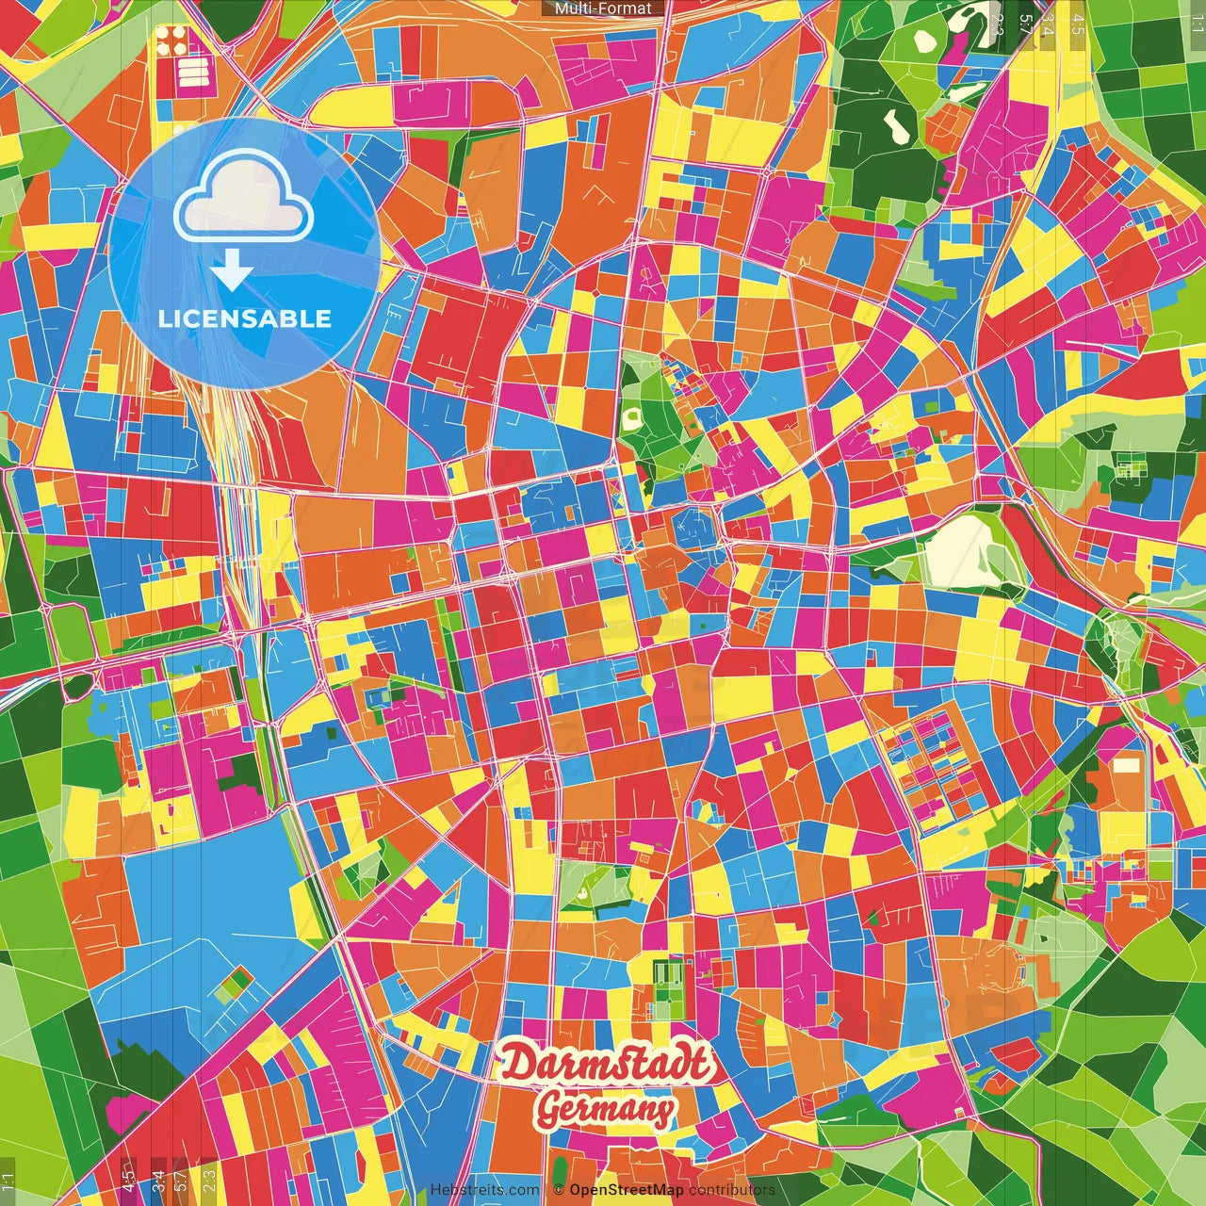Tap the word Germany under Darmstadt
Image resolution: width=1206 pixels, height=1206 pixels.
pos(606,1109)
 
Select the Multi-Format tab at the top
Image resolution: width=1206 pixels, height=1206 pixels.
pos(603,8)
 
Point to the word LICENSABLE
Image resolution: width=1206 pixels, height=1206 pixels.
pos(245,318)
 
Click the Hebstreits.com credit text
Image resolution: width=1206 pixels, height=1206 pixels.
pos(484,1190)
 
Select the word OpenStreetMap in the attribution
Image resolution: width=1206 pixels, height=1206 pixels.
pos(627,1190)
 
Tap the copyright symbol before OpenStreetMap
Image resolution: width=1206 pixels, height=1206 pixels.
pos(559,1190)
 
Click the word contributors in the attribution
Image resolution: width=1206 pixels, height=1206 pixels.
pos(732,1190)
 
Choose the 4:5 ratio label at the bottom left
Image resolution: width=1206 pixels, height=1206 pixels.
pos(129,1179)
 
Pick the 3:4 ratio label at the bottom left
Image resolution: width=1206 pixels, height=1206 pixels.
pos(159,1179)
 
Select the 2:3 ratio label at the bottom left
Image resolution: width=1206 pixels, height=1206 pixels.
pos(209,1179)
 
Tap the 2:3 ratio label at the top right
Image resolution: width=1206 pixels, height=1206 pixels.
pos(997,24)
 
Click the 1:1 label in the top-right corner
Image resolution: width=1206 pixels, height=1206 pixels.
pos(1197,23)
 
